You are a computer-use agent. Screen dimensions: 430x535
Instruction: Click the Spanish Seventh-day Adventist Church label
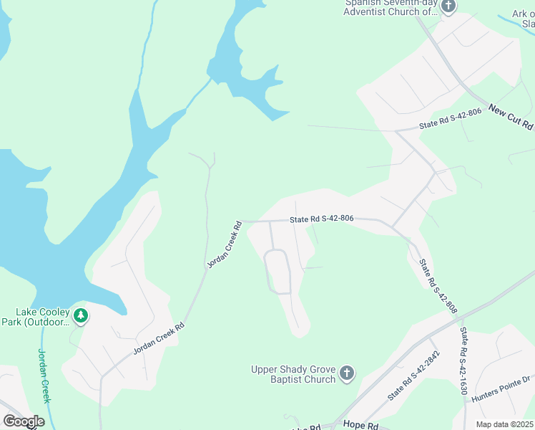(391, 7)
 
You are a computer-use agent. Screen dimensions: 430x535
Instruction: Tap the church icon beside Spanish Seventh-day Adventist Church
(448, 7)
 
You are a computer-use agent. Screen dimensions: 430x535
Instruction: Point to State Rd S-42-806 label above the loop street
(322, 220)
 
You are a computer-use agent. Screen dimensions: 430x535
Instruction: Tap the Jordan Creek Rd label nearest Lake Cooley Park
(159, 338)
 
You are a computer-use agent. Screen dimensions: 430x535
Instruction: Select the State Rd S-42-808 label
(437, 285)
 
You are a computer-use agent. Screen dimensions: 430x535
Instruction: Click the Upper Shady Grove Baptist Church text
(293, 374)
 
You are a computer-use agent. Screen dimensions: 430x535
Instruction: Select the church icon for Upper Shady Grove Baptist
(346, 373)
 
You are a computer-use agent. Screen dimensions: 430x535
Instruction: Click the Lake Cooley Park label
(44, 317)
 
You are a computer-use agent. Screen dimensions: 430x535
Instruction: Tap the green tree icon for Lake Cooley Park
(81, 316)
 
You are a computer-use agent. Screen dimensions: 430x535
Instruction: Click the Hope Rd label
(360, 425)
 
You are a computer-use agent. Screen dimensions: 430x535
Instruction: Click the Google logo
(23, 421)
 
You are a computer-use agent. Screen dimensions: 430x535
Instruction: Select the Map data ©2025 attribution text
(504, 424)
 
